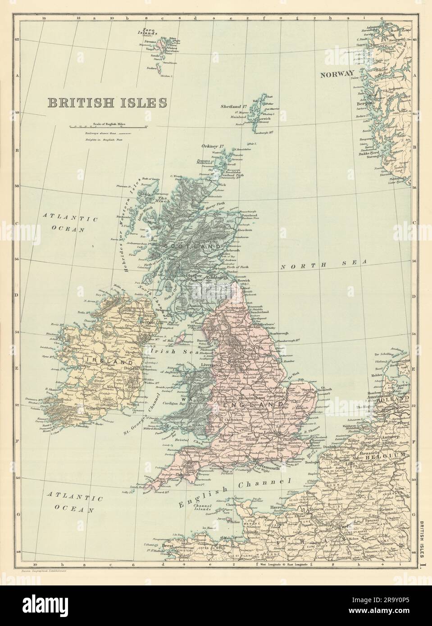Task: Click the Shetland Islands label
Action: (233, 107)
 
